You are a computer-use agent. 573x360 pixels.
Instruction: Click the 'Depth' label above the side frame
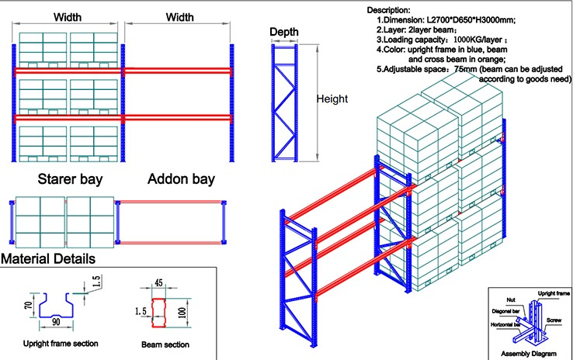coord(283,32)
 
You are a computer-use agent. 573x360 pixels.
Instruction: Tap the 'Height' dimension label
coord(332,99)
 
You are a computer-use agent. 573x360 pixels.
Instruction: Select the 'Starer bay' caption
coord(71,179)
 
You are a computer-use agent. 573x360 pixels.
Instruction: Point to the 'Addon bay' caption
coord(181,179)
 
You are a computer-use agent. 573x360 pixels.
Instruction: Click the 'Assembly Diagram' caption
coord(529,354)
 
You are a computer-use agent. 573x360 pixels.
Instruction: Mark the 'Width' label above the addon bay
coord(180,16)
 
